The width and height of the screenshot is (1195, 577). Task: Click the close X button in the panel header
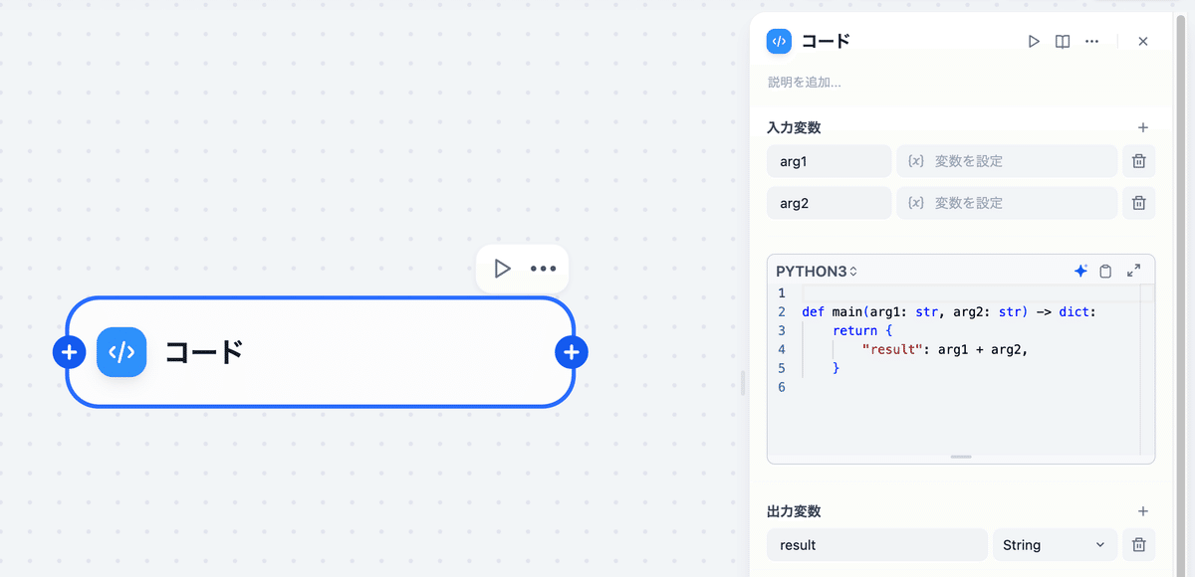click(x=1143, y=42)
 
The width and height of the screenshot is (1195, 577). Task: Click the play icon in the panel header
click(x=1034, y=42)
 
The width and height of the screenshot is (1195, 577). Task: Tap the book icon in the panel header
click(x=1063, y=42)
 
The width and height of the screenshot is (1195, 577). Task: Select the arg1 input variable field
click(x=829, y=161)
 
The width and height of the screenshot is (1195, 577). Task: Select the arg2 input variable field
click(x=829, y=203)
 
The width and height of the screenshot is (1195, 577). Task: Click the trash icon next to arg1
click(x=1139, y=161)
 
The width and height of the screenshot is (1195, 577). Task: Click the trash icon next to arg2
click(x=1139, y=203)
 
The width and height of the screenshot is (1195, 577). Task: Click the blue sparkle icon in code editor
click(x=1080, y=271)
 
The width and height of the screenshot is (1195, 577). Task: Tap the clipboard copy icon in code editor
click(x=1105, y=271)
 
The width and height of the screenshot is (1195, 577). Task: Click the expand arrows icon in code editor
click(x=1133, y=271)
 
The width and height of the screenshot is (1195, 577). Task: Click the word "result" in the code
click(x=888, y=349)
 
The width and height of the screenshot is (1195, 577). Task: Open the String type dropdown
click(x=1054, y=545)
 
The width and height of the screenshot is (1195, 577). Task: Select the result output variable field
click(x=876, y=545)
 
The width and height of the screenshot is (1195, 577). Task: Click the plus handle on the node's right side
click(x=572, y=352)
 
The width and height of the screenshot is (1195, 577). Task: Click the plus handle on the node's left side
click(x=69, y=352)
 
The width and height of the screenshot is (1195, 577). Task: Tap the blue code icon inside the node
click(x=121, y=352)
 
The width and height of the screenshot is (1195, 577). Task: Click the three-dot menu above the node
click(x=543, y=269)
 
